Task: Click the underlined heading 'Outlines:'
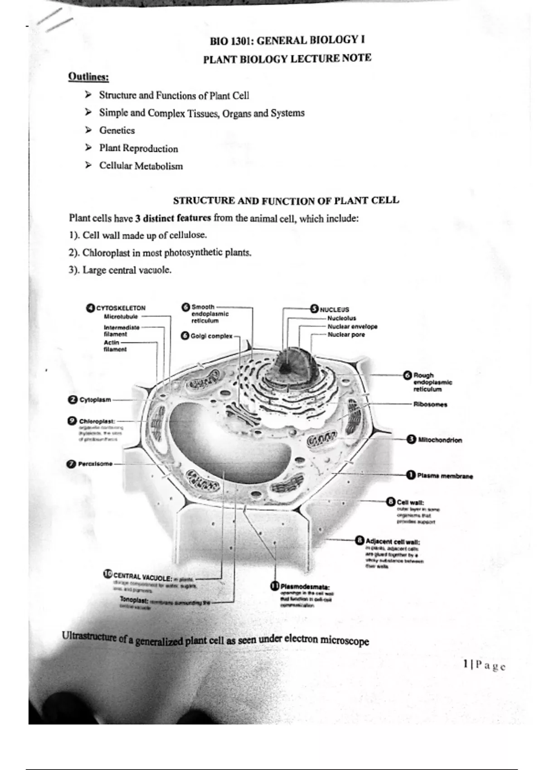(88, 77)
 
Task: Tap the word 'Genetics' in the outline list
(117, 130)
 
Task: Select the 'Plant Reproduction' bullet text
(138, 149)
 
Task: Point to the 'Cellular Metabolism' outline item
(141, 166)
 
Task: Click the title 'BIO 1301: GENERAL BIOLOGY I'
(287, 41)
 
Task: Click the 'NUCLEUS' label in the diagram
(335, 310)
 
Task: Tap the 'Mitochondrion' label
(440, 440)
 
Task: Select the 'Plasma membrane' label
(445, 476)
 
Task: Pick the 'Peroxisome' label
(95, 464)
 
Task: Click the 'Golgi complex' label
(211, 336)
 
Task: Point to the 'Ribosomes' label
(430, 404)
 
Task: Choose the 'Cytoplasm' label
(95, 399)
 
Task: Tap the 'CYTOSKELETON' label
(121, 308)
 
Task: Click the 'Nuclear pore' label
(346, 335)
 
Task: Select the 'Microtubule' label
(121, 317)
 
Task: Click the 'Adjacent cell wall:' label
(393, 542)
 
